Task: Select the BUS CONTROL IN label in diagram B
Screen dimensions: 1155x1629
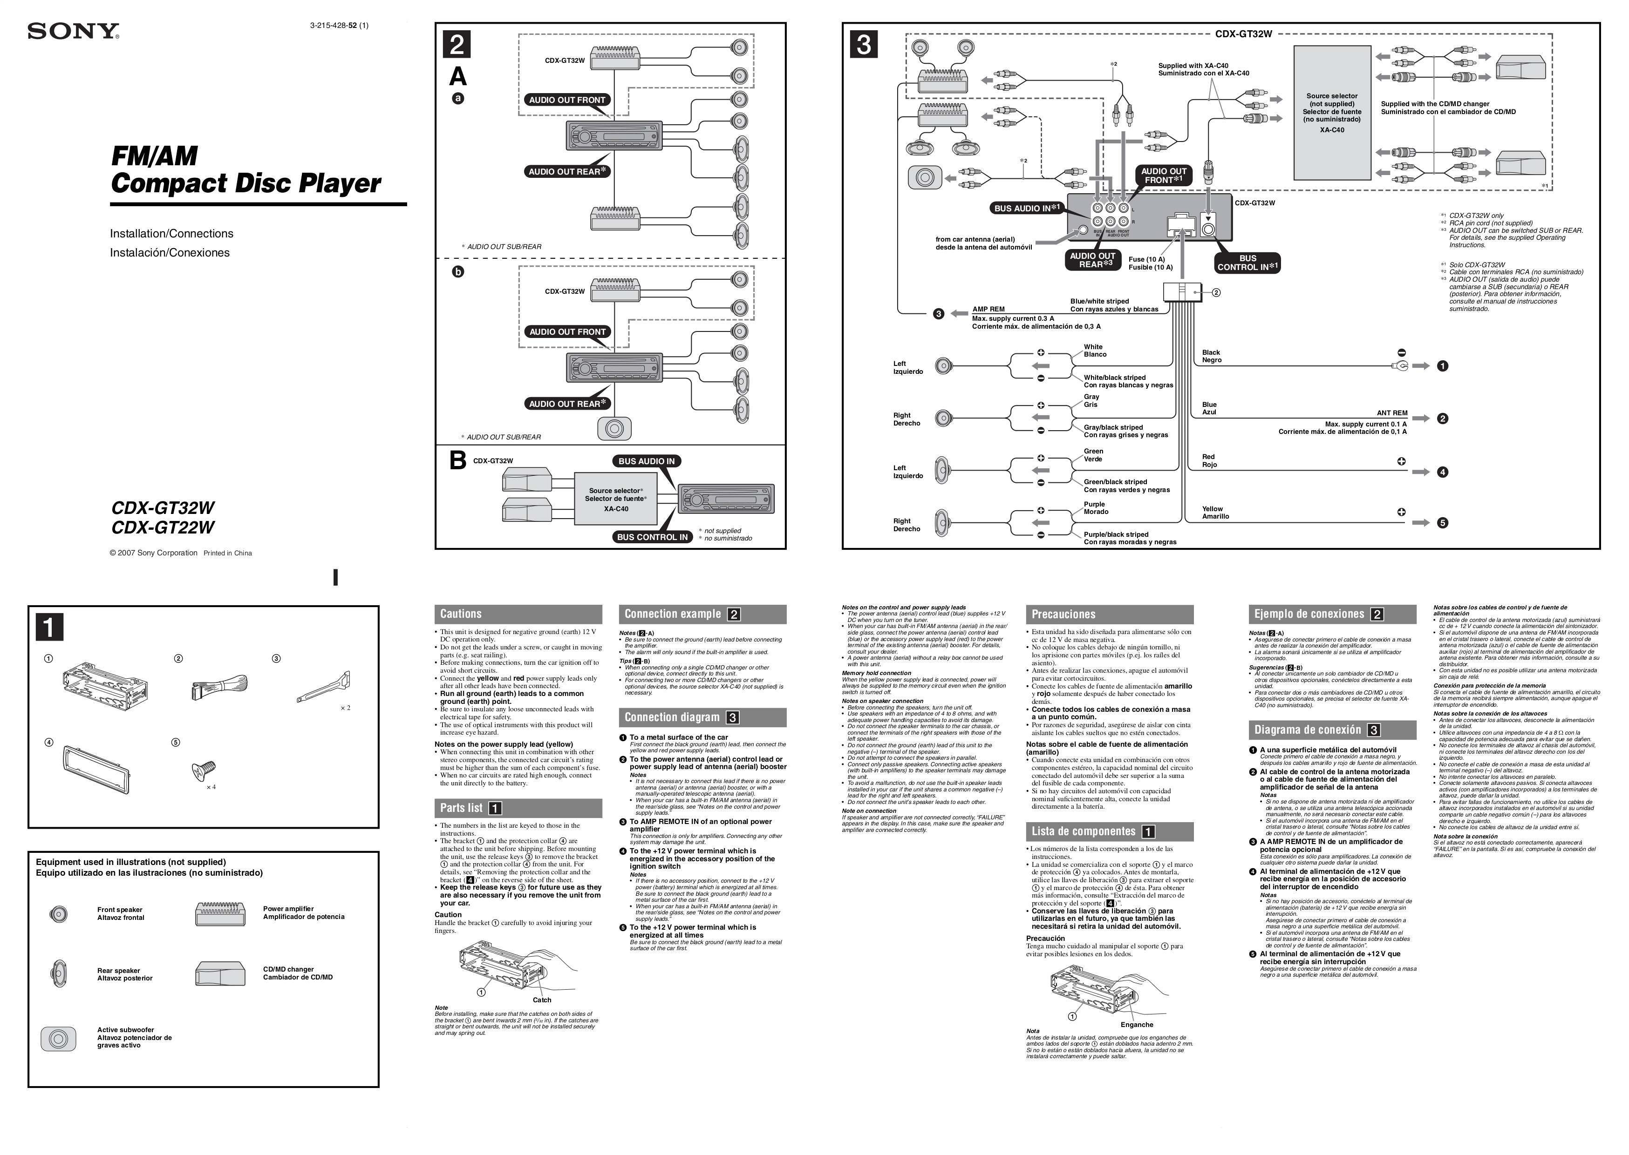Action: (653, 537)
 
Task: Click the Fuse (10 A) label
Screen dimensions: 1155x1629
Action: (1146, 260)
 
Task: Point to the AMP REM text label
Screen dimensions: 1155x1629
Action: (988, 310)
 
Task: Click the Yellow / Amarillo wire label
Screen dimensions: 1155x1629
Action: (1215, 513)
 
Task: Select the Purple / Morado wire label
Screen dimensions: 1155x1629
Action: (1096, 508)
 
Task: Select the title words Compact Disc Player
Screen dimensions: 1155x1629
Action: (245, 183)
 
